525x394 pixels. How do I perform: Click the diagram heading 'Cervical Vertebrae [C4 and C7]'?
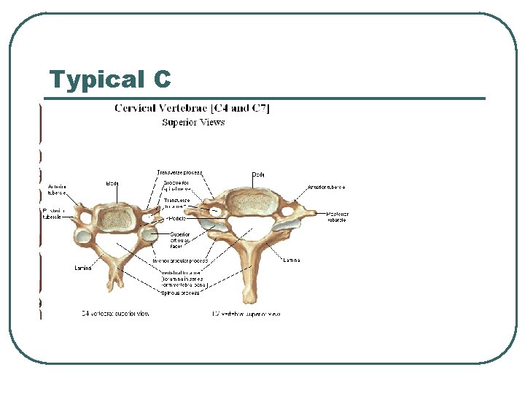tap(192, 109)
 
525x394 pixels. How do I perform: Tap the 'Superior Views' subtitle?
tap(192, 123)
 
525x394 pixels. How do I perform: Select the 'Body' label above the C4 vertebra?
tap(113, 183)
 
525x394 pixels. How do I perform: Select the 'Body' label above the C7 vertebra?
tap(259, 174)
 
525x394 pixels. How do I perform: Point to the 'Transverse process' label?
tap(180, 173)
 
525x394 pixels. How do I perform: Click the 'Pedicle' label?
tap(176, 218)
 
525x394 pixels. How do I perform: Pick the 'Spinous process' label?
tap(179, 293)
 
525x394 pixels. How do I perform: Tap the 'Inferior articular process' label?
tap(180, 260)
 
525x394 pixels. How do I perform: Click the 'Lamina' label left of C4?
tap(82, 268)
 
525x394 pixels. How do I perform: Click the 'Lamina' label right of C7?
tap(291, 260)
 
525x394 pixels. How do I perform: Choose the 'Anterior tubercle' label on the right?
tap(327, 188)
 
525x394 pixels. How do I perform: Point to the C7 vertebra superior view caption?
tap(246, 314)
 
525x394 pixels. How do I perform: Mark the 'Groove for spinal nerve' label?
tap(177, 186)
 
